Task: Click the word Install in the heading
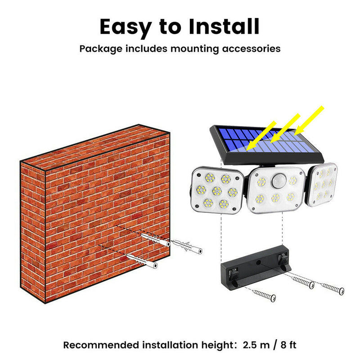pyautogui.click(x=224, y=27)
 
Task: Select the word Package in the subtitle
pyautogui.click(x=101, y=49)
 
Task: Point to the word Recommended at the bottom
pyautogui.click(x=101, y=345)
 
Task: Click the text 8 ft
pyautogui.click(x=288, y=345)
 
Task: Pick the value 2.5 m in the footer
pyautogui.click(x=256, y=345)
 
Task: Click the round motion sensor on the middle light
pyautogui.click(x=279, y=181)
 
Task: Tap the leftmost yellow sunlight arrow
pyautogui.click(x=261, y=136)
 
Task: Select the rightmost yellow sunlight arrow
pyautogui.click(x=309, y=121)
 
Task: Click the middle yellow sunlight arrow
pyautogui.click(x=285, y=128)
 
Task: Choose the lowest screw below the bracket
pyautogui.click(x=264, y=296)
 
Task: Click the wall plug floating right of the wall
pyautogui.click(x=187, y=247)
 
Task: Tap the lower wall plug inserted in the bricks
pyautogui.click(x=142, y=261)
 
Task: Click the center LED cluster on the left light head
pyautogui.click(x=217, y=190)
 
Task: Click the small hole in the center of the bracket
pyautogui.click(x=258, y=262)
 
